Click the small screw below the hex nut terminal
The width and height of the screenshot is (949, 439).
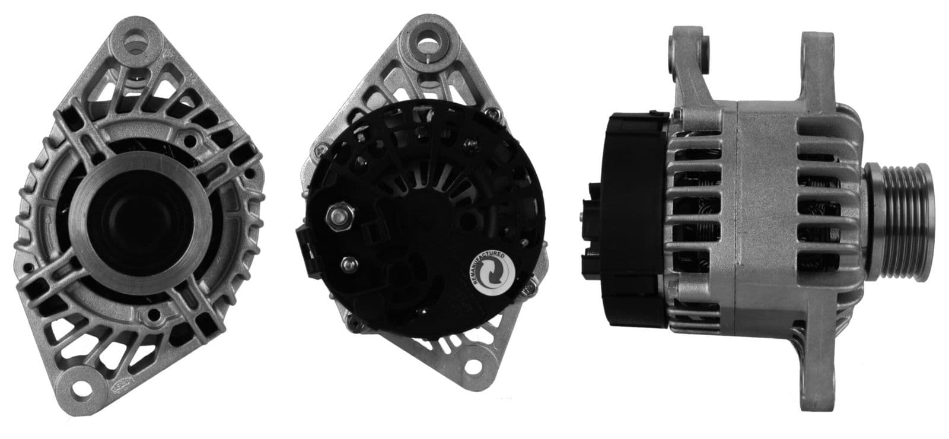[x=349, y=262]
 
